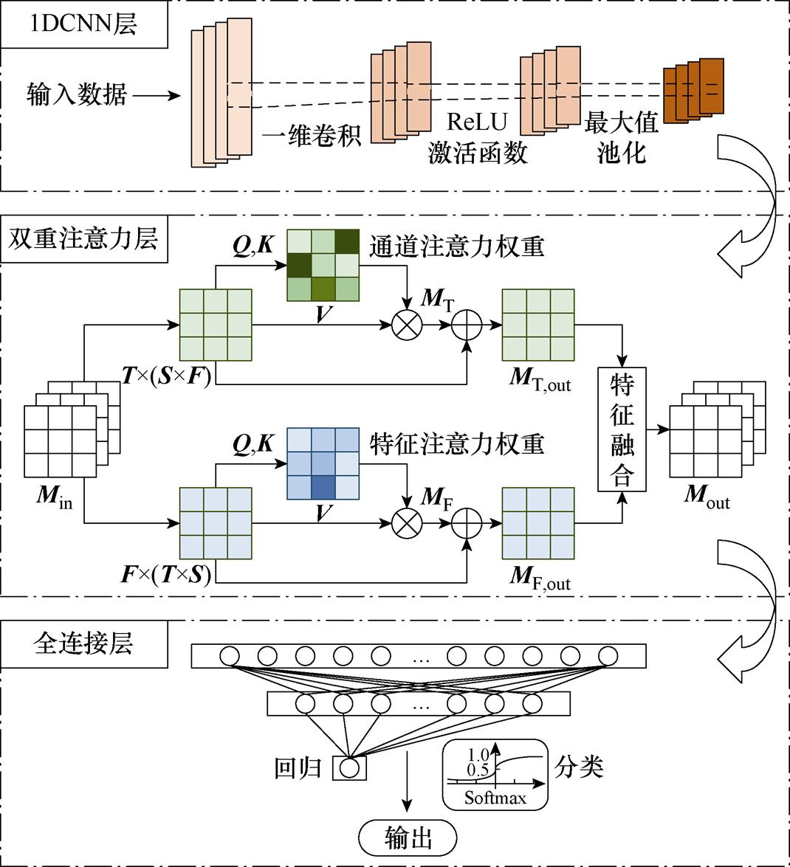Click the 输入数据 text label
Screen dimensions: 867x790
pos(76,95)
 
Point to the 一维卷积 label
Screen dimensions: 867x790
pos(312,136)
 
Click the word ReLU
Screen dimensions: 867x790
pos(477,121)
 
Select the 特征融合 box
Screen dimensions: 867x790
pos(622,429)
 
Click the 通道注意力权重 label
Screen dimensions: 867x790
pos(457,246)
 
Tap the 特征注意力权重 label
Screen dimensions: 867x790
pos(457,443)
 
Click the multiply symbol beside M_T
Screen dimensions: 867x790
pos(405,325)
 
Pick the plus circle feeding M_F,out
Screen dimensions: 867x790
pos(467,523)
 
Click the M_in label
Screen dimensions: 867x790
pos(55,497)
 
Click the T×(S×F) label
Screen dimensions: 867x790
pos(168,376)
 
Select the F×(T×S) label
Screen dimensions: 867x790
pos(166,574)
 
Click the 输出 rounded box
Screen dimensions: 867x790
pos(408,837)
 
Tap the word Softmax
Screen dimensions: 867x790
pos(495,798)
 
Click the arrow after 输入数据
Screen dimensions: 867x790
pos(157,95)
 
